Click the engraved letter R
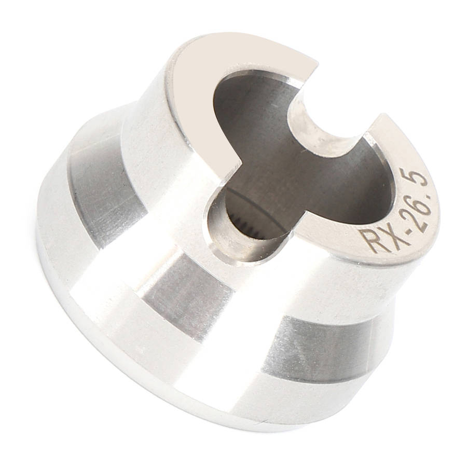(370, 240)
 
